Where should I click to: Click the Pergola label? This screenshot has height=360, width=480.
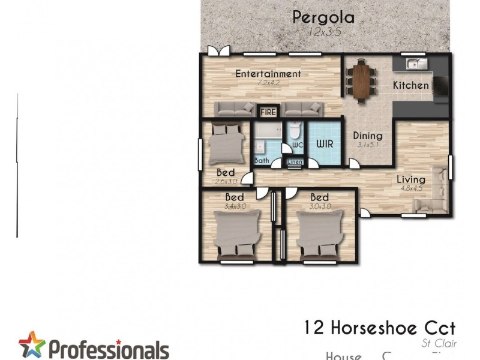coord(323,17)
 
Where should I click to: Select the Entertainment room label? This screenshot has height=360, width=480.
coord(268,74)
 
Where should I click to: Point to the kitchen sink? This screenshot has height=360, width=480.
coord(415,63)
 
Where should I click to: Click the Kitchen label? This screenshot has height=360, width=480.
coord(411,86)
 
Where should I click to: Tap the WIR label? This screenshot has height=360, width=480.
coord(325,144)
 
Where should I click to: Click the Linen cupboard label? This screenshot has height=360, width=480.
coord(295,161)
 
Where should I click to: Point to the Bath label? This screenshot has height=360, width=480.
coord(262,160)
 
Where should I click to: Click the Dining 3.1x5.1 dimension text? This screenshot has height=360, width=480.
coord(367,145)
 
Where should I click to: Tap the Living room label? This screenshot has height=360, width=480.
coord(411,179)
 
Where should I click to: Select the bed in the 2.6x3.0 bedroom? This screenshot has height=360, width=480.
coord(226,144)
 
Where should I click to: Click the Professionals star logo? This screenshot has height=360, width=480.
coord(32,345)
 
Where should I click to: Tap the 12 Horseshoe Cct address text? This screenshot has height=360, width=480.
coord(379,328)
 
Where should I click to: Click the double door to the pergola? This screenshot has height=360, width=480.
coord(217,51)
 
